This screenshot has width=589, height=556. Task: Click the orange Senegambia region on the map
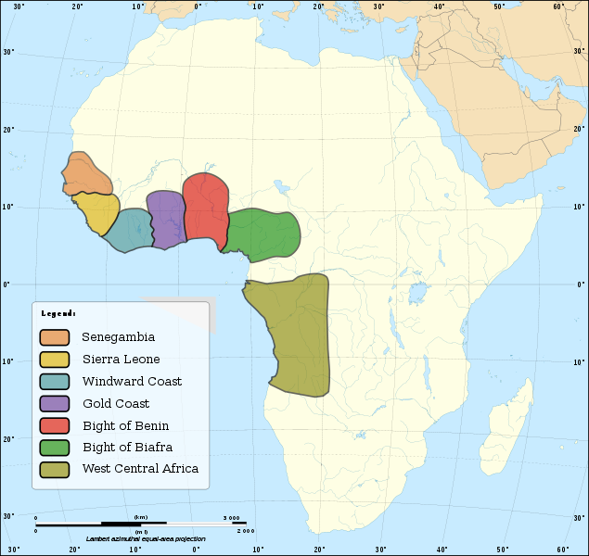(86, 175)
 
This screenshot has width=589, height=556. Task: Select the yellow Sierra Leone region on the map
(96, 213)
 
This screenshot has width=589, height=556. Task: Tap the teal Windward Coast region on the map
(128, 231)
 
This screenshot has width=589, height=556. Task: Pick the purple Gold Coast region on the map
(165, 219)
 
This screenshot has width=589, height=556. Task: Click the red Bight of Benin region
(205, 208)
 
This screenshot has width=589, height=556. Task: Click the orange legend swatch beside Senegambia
(55, 337)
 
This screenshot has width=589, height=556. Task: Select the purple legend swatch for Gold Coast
(55, 404)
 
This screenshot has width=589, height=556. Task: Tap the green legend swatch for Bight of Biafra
(55, 449)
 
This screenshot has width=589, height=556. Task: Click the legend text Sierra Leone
(121, 360)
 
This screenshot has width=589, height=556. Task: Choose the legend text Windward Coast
(132, 382)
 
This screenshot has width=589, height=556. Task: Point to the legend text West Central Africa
(140, 469)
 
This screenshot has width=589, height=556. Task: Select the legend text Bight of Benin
(125, 426)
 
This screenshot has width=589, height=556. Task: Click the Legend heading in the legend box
(58, 314)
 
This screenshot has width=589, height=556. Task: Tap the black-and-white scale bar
(139, 524)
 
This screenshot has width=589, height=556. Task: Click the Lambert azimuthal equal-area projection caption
(146, 538)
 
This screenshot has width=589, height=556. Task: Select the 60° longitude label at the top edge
(558, 6)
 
